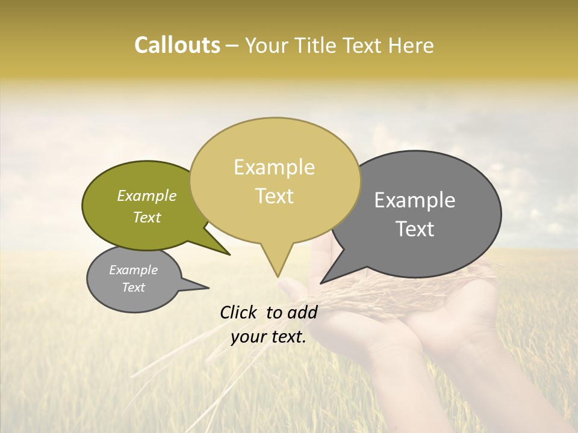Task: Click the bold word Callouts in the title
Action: [x=177, y=45]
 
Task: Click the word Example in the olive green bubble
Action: [x=147, y=195]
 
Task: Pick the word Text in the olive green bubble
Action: [x=147, y=217]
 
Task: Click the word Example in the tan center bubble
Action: [x=274, y=167]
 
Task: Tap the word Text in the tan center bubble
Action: [x=275, y=196]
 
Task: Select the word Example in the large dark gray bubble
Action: [x=415, y=200]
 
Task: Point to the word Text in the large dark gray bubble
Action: [x=415, y=229]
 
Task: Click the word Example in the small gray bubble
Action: [x=134, y=270]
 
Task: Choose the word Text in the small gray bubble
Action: [x=134, y=287]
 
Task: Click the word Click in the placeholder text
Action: [x=239, y=312]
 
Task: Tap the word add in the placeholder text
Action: [x=302, y=312]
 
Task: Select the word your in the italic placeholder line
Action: [x=248, y=337]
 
